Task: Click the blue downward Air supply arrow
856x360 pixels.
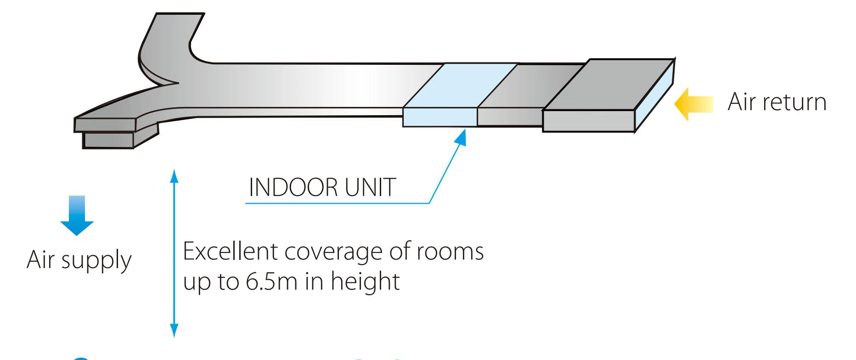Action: tap(77, 215)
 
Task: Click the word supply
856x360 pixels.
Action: tap(96, 261)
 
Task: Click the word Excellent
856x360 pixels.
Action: tap(231, 252)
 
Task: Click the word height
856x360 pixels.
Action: tap(365, 281)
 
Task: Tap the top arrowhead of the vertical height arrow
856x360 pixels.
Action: tap(174, 175)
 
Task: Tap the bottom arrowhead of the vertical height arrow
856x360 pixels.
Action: tap(174, 331)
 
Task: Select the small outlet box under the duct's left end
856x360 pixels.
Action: tap(108, 140)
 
